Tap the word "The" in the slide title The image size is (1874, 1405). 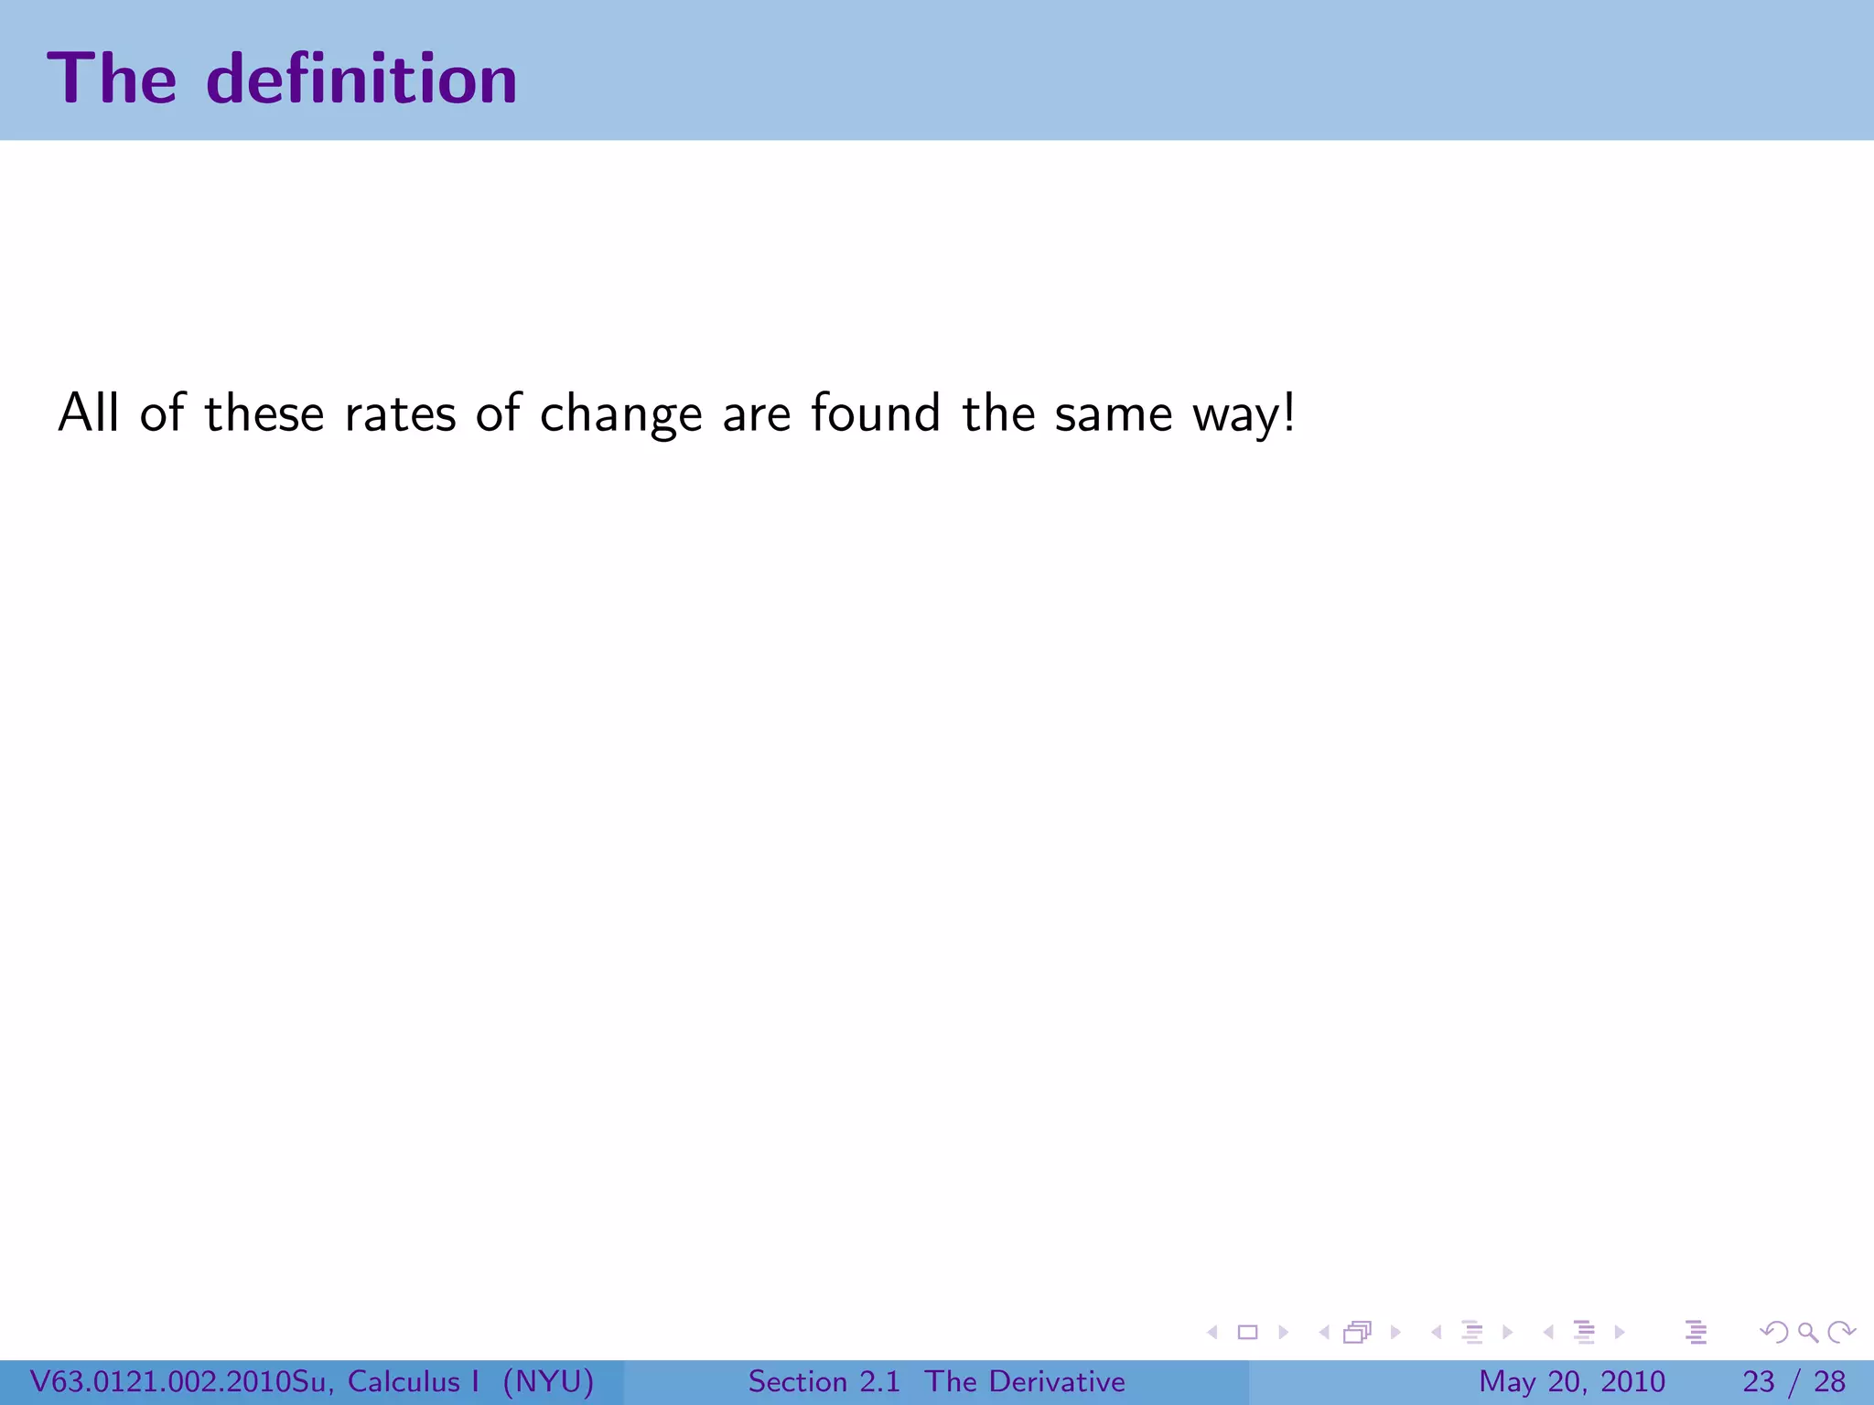pos(112,79)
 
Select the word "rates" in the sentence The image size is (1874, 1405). pos(400,413)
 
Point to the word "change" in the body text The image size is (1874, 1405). pos(620,415)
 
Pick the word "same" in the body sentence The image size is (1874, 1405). pos(1113,413)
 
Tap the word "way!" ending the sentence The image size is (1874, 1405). pos(1244,415)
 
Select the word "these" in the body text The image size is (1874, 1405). pos(264,413)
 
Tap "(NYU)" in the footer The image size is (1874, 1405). pos(548,1381)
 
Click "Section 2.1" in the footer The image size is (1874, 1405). pos(824,1381)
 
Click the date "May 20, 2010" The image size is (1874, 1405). pos(1571,1381)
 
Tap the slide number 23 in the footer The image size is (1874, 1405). pos(1759,1381)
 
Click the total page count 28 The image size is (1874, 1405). pos(1829,1381)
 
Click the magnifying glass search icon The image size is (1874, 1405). pos(1807,1332)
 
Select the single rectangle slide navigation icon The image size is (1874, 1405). pos(1247,1332)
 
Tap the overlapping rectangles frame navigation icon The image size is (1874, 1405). pos(1358,1332)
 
